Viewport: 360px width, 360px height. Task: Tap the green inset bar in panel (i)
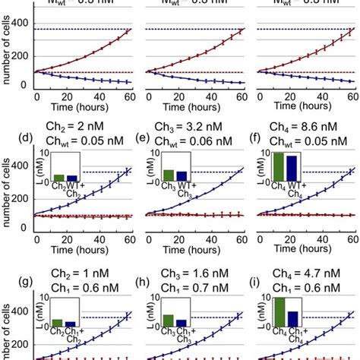[279, 312]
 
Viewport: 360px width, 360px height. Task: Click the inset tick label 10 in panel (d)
[46, 154]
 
